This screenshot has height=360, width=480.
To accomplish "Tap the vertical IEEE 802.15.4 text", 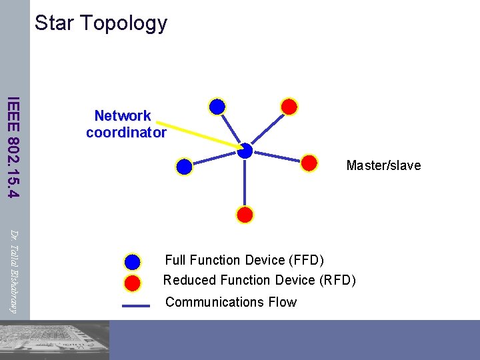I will pos(13,147).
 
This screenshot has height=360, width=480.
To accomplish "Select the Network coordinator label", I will pos(126,124).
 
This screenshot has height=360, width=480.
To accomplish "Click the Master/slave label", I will pos(383,165).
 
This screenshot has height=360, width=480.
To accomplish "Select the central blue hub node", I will pos(245,151).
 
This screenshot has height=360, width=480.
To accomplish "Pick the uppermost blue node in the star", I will pos(217,106).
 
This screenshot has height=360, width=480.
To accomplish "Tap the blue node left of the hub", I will pos(185,167).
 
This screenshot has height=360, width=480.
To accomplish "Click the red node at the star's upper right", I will pos(289,106).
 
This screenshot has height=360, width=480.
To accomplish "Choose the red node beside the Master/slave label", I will pos(309,163).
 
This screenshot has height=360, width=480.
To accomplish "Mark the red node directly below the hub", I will pos(245,215).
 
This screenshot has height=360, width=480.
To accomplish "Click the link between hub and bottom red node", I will pos(245,183).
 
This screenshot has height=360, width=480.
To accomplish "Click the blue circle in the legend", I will pos(133,261).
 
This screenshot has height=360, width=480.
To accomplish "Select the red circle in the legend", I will pos(133,283).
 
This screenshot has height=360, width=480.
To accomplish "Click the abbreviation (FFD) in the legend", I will pos(303,260).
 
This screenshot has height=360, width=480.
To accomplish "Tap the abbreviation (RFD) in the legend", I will pos(335,280).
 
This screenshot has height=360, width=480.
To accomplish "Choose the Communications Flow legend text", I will pos(231,302).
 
